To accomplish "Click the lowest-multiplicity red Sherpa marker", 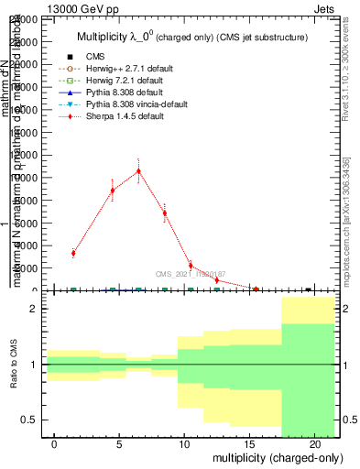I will tap(73, 253).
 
